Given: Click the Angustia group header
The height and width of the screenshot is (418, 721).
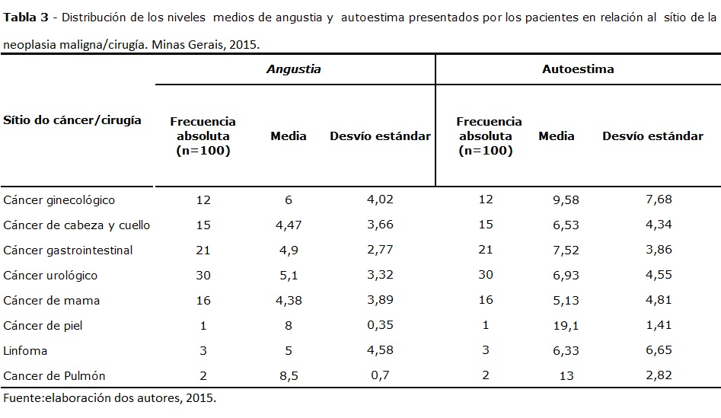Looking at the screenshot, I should click(293, 69).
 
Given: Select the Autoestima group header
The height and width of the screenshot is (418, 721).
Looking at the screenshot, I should click(578, 69).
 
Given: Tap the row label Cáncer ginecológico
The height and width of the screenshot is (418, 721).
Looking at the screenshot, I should click(59, 200).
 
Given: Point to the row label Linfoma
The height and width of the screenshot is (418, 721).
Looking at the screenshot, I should click(25, 351).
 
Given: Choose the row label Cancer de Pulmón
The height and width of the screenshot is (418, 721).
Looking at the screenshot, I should click(54, 376).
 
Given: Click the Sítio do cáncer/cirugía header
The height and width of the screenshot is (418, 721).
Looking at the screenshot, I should click(72, 120).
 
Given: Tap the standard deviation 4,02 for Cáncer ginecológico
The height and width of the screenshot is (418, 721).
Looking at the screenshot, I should click(380, 200).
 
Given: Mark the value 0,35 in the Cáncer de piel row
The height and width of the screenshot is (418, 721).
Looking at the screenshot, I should click(380, 326).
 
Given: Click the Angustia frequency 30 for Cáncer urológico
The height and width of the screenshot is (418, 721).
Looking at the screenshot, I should click(203, 276).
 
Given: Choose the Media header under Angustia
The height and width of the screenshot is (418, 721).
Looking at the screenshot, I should click(289, 136).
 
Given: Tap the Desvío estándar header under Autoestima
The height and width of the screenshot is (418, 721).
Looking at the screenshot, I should click(652, 136).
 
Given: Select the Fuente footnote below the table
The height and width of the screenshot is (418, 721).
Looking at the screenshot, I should click(110, 398).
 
